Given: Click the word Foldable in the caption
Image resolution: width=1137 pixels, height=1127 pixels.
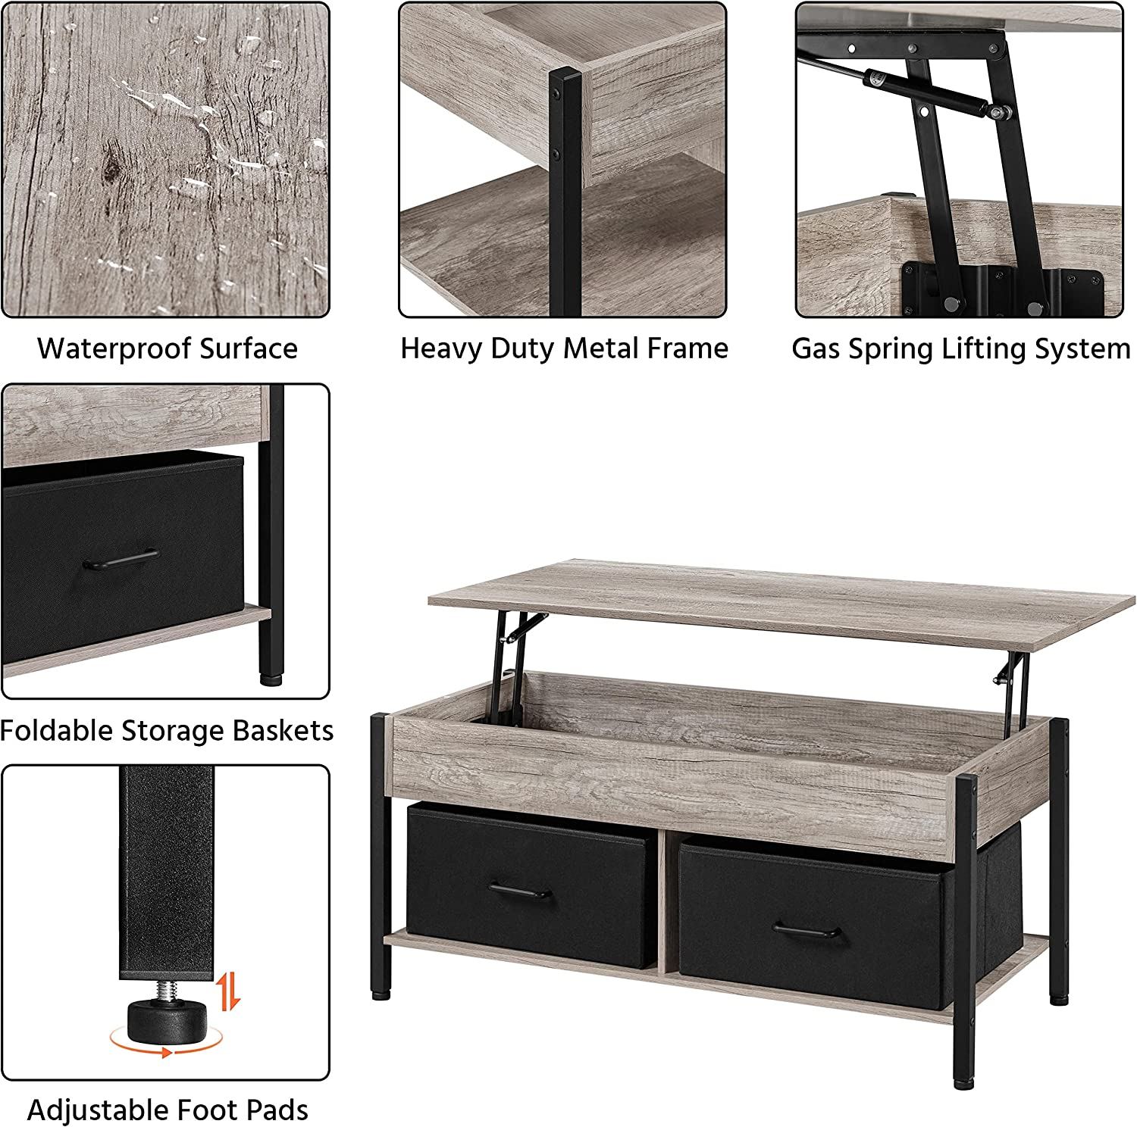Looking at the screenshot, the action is [x=55, y=730].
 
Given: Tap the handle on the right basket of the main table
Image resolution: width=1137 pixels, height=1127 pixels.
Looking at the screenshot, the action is [x=806, y=931].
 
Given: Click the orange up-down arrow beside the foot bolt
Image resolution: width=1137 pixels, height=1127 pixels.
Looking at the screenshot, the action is [x=230, y=991].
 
